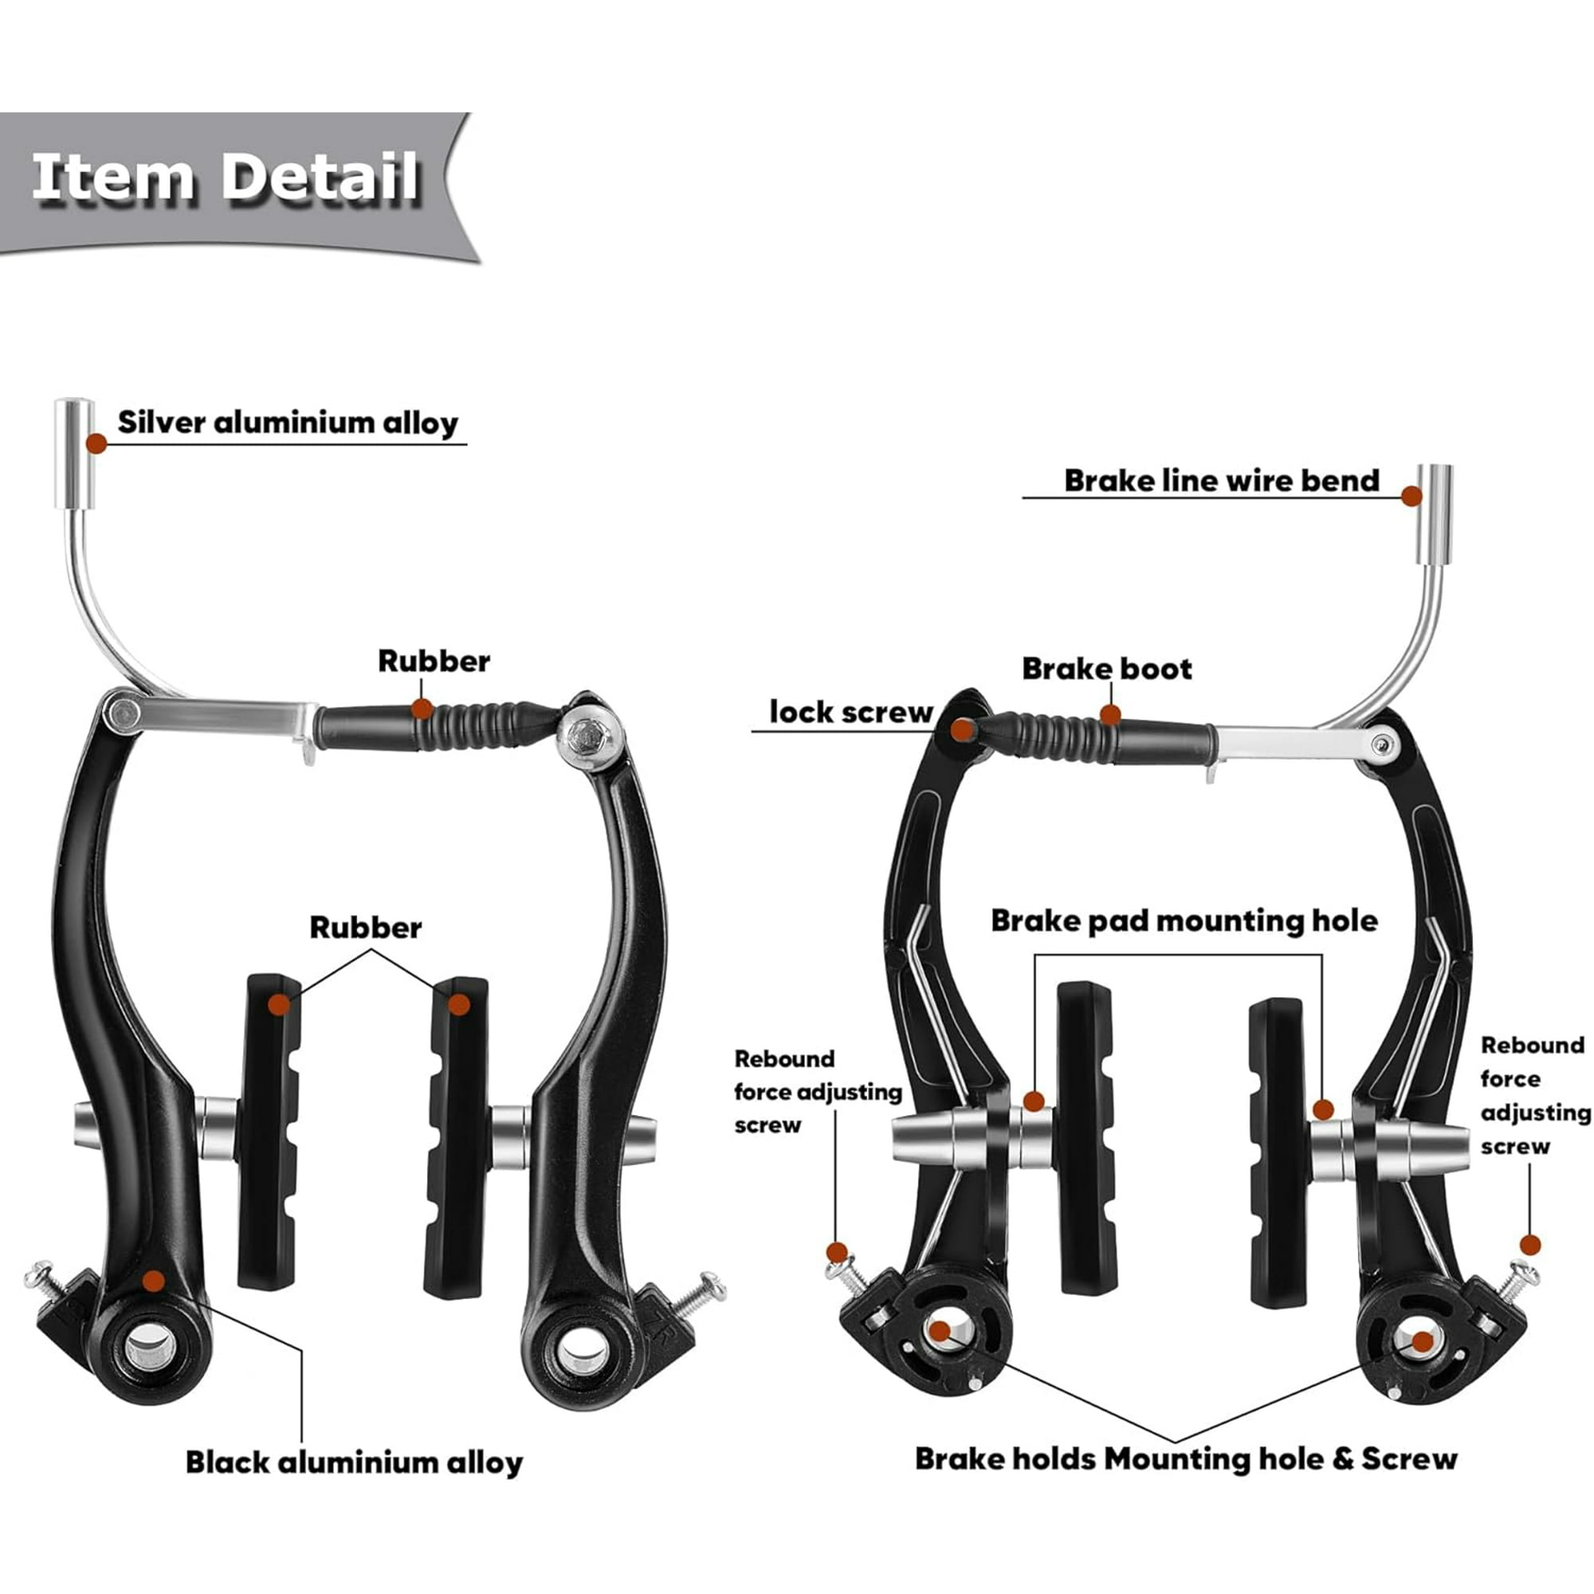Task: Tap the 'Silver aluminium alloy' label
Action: click(288, 422)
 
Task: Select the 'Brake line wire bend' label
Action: click(1221, 480)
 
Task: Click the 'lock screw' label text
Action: click(850, 711)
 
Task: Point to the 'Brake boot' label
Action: click(1107, 669)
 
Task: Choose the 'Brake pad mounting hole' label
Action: click(1184, 921)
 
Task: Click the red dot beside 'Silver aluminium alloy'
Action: click(96, 443)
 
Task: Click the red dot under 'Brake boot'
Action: click(1110, 714)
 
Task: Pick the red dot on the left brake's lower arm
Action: click(154, 1281)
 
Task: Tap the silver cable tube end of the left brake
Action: click(74, 453)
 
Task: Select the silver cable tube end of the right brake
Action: click(1435, 515)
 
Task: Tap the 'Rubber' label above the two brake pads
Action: click(366, 928)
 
